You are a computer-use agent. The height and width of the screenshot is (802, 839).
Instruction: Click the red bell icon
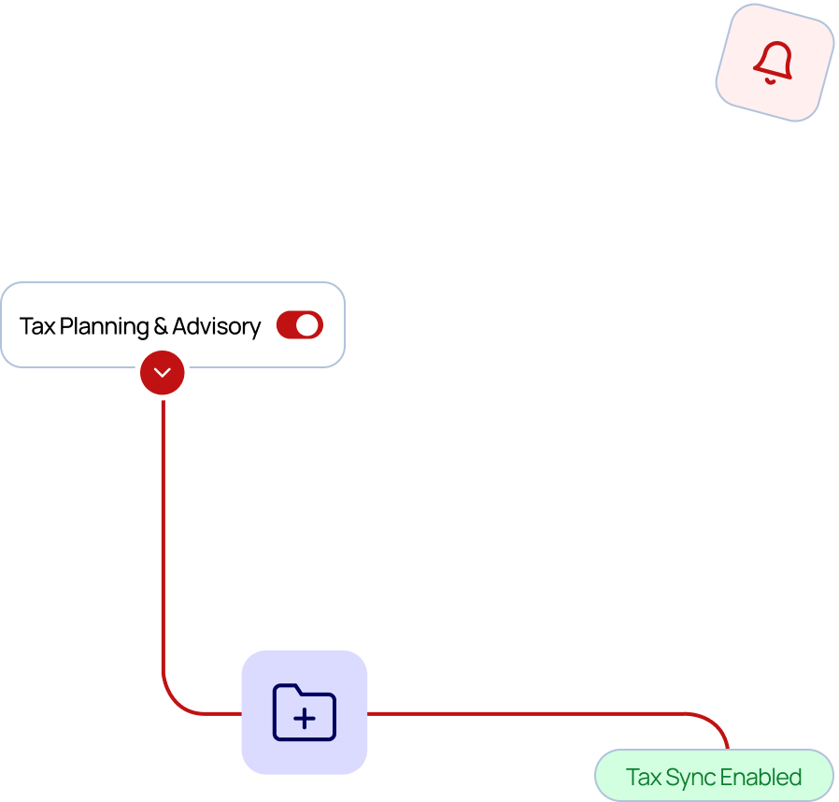coord(773,59)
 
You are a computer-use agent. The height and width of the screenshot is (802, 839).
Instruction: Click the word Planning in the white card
coord(104,326)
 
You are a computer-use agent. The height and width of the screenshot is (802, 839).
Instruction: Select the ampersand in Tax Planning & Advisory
coord(160,326)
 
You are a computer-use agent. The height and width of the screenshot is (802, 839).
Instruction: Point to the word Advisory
coord(216,326)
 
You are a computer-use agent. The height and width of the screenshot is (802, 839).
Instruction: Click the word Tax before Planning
coord(37,326)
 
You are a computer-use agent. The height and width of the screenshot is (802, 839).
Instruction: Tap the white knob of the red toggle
coord(307,325)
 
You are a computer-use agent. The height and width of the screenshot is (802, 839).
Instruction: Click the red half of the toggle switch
coord(287,325)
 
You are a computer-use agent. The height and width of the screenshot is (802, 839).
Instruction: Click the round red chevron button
coord(163,373)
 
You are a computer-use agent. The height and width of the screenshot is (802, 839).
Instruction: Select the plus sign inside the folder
coord(305,719)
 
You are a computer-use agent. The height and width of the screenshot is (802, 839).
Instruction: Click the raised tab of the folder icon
coord(287,691)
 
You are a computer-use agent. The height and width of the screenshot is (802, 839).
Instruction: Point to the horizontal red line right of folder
coord(523,713)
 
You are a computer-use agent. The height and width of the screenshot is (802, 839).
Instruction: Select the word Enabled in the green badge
coord(761,778)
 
